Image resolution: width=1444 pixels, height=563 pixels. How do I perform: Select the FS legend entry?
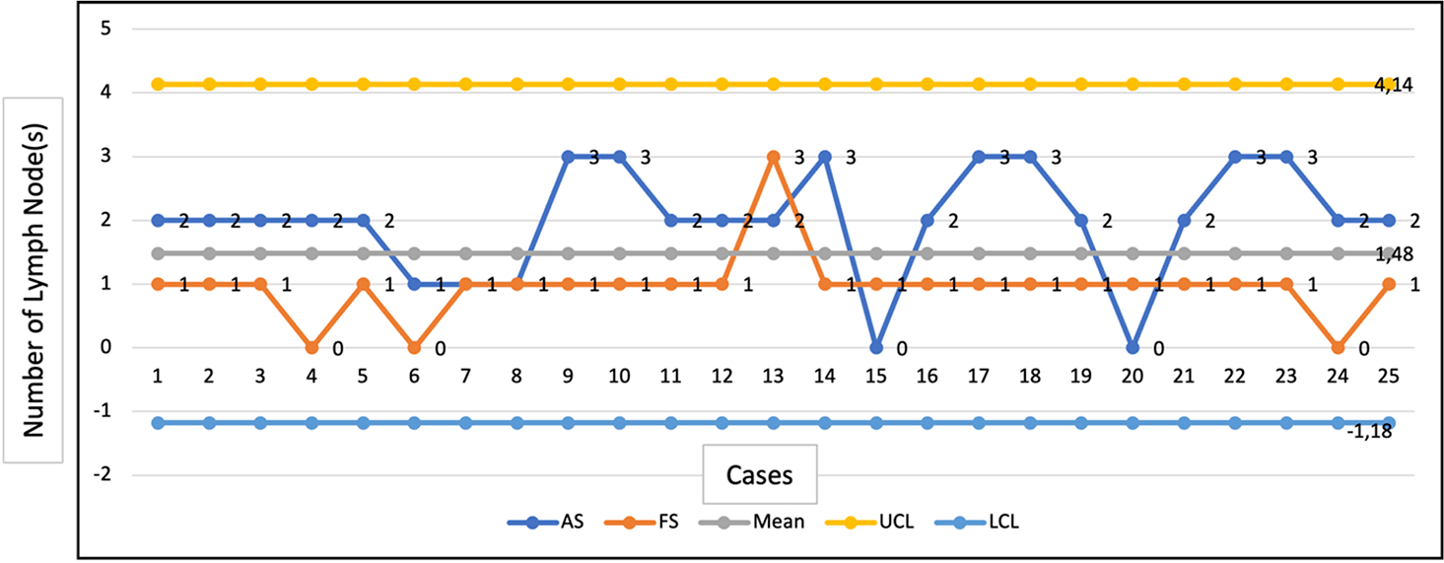[653, 523]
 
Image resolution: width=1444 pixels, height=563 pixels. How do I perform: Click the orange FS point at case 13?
[774, 157]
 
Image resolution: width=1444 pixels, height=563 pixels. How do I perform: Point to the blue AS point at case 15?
[876, 347]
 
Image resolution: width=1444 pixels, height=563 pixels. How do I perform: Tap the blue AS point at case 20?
[1133, 347]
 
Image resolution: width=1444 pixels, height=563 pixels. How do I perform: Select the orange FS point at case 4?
[311, 347]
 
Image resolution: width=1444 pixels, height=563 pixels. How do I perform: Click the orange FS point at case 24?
[1338, 347]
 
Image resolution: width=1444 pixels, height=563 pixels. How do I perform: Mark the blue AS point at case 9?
[568, 157]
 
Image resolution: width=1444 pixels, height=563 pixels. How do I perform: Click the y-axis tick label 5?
[132, 29]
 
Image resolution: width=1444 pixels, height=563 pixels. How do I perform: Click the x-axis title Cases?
[760, 475]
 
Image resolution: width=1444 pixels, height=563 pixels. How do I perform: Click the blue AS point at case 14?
[825, 157]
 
